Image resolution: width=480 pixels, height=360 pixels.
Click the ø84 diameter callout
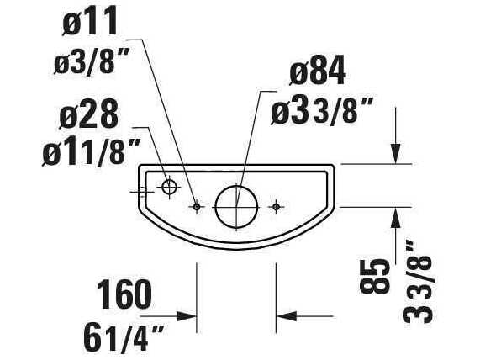pyautogui.click(x=317, y=75)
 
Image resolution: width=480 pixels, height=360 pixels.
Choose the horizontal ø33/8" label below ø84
pyautogui.click(x=322, y=112)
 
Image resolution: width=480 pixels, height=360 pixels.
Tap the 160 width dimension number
pyautogui.click(x=124, y=295)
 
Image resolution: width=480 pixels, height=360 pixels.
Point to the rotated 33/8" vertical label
pyautogui.click(x=411, y=282)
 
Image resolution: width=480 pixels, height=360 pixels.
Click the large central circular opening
pyautogui.click(x=235, y=205)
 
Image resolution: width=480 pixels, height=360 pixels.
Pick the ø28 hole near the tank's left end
pyautogui.click(x=169, y=187)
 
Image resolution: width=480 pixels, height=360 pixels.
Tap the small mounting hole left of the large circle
pyautogui.click(x=197, y=206)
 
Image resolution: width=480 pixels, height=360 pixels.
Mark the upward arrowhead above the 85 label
pyautogui.click(x=395, y=216)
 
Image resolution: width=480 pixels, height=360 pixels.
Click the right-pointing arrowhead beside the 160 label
pyautogui.click(x=188, y=317)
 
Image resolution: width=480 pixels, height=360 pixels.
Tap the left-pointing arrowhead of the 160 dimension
pyautogui.click(x=286, y=317)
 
